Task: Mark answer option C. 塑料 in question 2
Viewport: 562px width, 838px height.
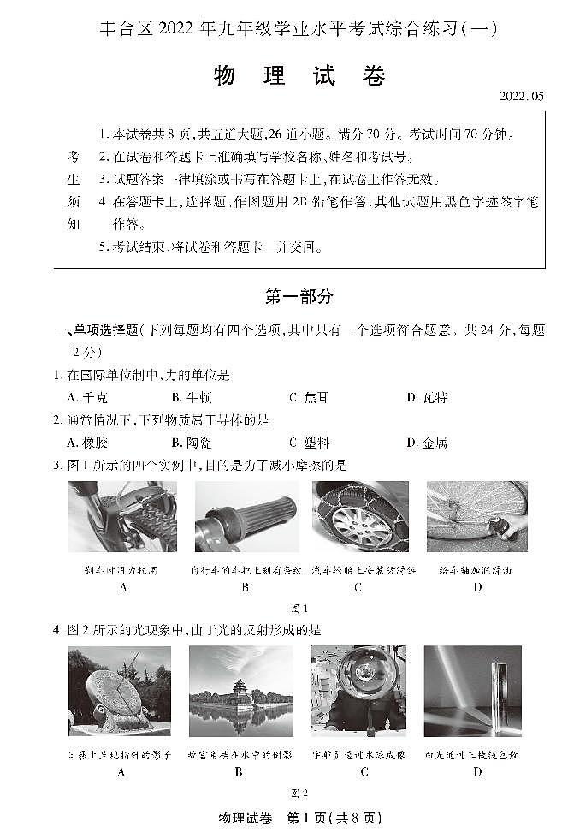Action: (x=309, y=443)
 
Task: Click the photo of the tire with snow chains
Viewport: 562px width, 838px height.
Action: (x=360, y=516)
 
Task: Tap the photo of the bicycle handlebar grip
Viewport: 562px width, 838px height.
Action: (x=245, y=516)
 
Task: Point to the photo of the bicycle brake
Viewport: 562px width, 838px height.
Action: (x=123, y=516)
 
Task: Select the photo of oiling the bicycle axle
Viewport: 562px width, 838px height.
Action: (x=476, y=516)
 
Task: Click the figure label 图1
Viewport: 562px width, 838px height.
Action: (x=299, y=609)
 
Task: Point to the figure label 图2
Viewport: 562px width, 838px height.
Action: (x=299, y=792)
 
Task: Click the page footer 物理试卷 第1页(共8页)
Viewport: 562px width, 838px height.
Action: (x=299, y=818)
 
